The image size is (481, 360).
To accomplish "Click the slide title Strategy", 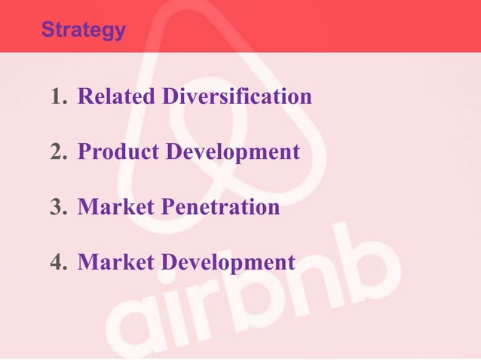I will pyautogui.click(x=83, y=30).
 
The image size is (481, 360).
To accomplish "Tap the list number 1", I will pyautogui.click(x=58, y=97).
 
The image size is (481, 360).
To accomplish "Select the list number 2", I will pyautogui.click(x=58, y=152).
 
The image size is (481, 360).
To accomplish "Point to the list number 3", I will pyautogui.click(x=58, y=207).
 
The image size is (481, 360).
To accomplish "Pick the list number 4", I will pyautogui.click(x=58, y=262).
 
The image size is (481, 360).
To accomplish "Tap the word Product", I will pyautogui.click(x=118, y=152).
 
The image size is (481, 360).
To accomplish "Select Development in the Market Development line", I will pyautogui.click(x=228, y=264).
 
